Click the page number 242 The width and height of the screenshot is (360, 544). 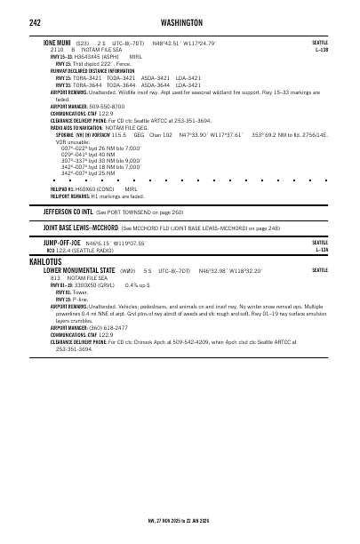point(35,20)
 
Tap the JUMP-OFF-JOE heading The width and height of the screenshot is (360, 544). point(62,243)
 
